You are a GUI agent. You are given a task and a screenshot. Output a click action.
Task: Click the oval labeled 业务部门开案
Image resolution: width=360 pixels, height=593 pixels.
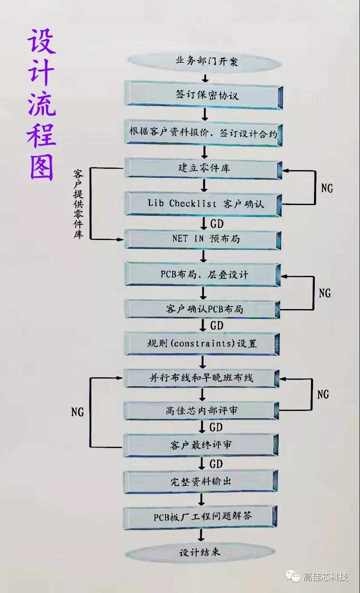(203, 61)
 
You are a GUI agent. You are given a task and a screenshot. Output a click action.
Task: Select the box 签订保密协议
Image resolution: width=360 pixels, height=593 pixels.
(203, 95)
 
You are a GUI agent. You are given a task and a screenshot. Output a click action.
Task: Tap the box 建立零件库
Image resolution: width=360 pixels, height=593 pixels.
(203, 168)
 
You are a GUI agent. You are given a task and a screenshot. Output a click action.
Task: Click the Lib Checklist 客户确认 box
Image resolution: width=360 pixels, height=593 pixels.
(203, 203)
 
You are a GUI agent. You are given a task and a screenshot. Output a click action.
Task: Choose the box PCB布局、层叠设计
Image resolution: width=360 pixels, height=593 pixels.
(203, 274)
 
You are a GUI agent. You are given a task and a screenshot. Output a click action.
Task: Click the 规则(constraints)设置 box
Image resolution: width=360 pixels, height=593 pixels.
(203, 343)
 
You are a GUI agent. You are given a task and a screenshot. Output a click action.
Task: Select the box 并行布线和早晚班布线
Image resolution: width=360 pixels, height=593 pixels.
(203, 378)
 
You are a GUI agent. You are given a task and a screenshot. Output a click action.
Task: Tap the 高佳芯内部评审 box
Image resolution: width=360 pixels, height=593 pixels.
(203, 411)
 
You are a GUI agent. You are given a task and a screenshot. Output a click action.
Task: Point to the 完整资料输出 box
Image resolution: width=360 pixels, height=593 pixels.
(203, 482)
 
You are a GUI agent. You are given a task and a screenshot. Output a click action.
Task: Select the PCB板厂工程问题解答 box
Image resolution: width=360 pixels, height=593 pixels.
(203, 517)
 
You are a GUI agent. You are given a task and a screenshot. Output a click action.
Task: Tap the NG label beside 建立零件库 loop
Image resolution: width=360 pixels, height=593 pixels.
(326, 188)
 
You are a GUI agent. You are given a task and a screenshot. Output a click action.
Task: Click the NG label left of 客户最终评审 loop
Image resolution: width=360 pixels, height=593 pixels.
(77, 412)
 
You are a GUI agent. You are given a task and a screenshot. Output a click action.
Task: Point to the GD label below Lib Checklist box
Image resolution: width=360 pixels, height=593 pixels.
(217, 223)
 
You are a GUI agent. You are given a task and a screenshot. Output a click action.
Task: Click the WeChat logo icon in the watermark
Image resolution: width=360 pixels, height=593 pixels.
(293, 576)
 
